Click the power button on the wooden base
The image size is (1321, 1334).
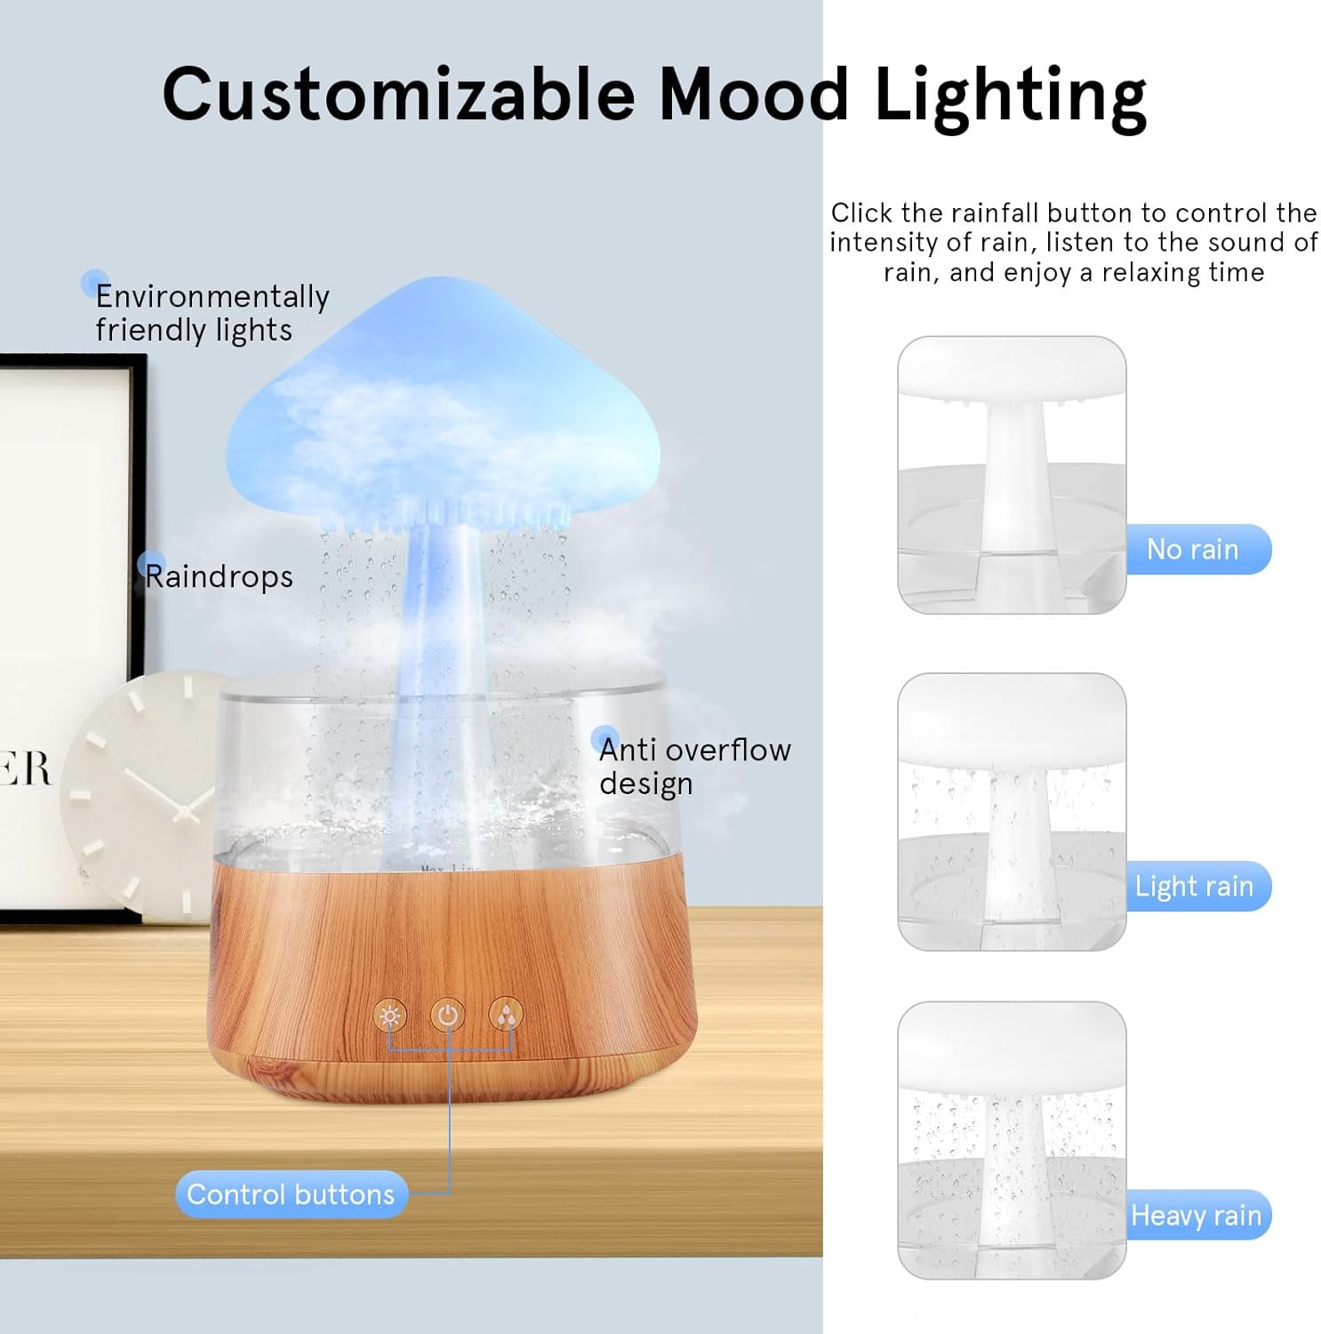click(x=447, y=1015)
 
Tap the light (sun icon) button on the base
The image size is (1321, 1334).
click(x=389, y=1016)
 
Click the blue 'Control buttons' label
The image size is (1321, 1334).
click(x=291, y=1194)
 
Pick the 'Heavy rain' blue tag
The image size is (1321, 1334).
click(x=1197, y=1215)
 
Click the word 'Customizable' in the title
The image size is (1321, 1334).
click(x=397, y=94)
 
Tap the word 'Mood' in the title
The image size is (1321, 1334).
click(x=754, y=94)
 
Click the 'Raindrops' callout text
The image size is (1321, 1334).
click(x=219, y=576)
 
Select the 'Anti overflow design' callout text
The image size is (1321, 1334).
click(x=693, y=766)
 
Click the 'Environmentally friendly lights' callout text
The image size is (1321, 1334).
click(x=212, y=312)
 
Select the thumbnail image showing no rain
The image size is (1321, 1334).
click(x=1012, y=475)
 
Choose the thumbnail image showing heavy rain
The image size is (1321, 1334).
click(x=1012, y=1140)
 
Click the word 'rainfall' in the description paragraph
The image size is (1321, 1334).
click(x=997, y=213)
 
